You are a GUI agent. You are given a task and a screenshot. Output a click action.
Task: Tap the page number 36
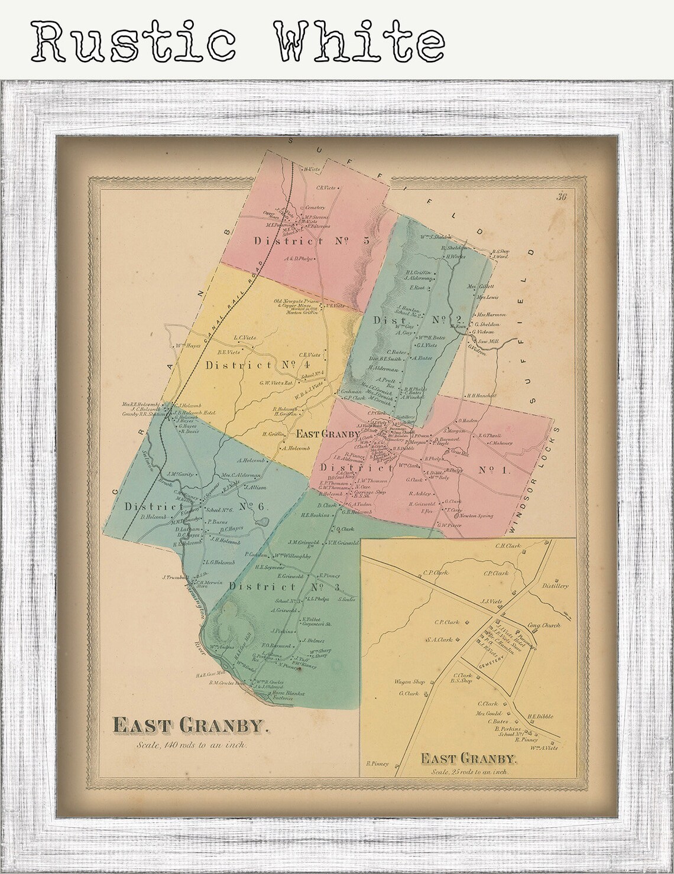(x=561, y=197)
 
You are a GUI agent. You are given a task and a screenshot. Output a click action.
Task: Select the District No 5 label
(x=311, y=241)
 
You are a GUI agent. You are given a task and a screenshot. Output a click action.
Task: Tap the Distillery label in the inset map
(x=555, y=586)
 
